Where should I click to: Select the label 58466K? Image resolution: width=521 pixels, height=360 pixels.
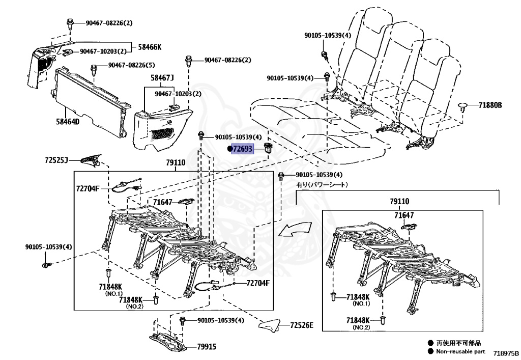[149, 47]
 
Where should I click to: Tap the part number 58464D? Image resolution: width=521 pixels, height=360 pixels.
[67, 122]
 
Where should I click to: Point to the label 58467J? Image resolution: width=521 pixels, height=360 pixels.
[162, 78]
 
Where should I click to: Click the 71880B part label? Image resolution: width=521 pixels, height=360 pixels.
[489, 105]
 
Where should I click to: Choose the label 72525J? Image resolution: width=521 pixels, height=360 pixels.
[56, 160]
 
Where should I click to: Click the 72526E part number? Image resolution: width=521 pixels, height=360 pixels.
[302, 325]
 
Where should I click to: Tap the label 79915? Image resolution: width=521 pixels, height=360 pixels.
[207, 347]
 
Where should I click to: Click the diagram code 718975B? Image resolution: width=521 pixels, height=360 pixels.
[505, 352]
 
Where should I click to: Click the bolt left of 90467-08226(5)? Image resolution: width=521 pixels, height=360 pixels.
[94, 68]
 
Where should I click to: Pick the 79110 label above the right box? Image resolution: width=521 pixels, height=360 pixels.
[399, 202]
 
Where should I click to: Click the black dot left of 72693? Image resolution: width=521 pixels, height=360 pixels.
[229, 149]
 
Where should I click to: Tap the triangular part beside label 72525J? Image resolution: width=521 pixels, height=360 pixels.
[90, 160]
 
